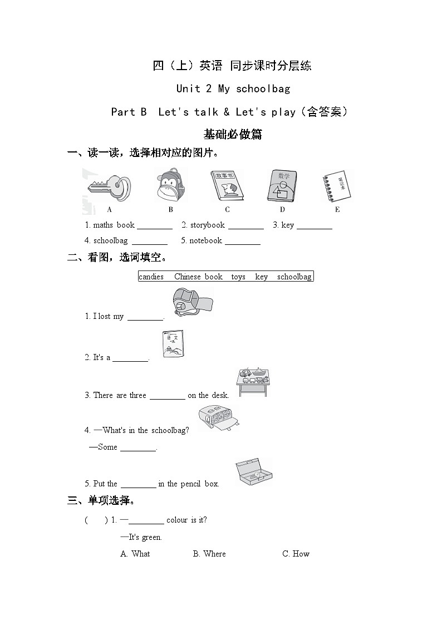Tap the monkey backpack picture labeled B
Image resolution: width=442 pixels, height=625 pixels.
pyautogui.click(x=170, y=186)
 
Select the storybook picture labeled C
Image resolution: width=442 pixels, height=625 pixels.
pyautogui.click(x=227, y=186)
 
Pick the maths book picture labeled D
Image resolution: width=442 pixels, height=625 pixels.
pyautogui.click(x=282, y=186)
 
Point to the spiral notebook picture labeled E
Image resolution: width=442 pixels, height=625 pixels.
pyautogui.click(x=337, y=186)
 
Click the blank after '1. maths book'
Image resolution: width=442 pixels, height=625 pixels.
pyautogui.click(x=155, y=225)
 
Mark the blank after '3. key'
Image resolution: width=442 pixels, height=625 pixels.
pyautogui.click(x=314, y=225)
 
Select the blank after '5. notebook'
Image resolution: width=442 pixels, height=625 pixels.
pyautogui.click(x=243, y=241)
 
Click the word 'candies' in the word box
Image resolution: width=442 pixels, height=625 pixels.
pyautogui.click(x=151, y=277)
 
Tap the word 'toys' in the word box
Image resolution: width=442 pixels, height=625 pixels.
pyautogui.click(x=238, y=277)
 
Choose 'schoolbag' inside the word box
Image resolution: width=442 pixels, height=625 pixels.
pyautogui.click(x=294, y=277)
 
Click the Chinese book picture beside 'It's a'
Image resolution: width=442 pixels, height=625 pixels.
pyautogui.click(x=173, y=344)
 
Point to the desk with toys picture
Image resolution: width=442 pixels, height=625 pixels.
pyautogui.click(x=253, y=381)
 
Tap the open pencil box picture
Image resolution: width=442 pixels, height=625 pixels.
pyautogui.click(x=253, y=473)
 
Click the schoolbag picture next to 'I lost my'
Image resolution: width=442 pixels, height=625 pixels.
pyautogui.click(x=191, y=303)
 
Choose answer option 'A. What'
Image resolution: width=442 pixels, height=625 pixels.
pyautogui.click(x=135, y=554)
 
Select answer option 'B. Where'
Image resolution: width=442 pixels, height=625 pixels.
pyautogui.click(x=209, y=554)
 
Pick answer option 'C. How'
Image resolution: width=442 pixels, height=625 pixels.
pyautogui.click(x=296, y=554)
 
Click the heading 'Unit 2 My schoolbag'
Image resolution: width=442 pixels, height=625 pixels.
pyautogui.click(x=233, y=88)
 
